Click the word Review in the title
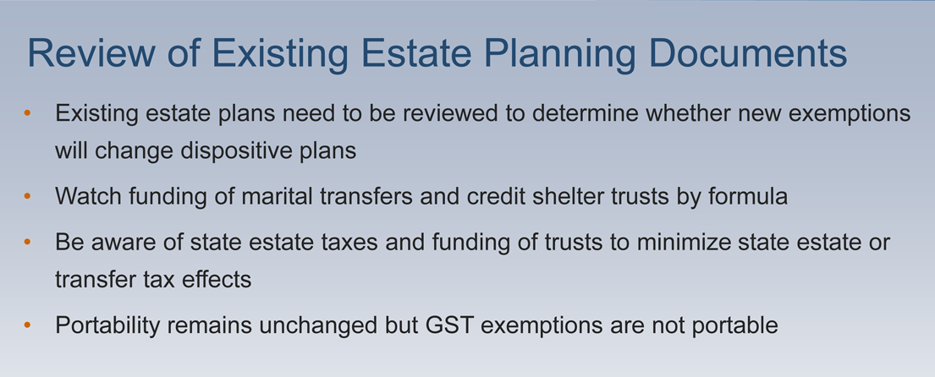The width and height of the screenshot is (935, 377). [x=91, y=53]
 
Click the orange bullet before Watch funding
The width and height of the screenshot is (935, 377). [x=27, y=196]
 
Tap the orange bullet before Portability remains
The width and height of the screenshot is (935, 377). [x=27, y=325]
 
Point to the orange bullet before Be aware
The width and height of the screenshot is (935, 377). [x=27, y=243]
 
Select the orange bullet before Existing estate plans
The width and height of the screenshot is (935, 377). [x=27, y=112]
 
